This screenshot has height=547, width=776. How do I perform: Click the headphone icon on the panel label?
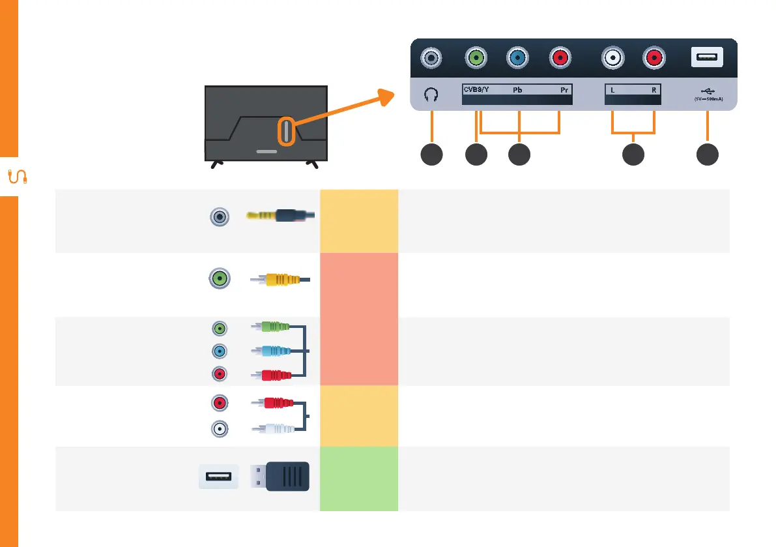431,94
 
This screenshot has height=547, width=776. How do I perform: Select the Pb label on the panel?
518,89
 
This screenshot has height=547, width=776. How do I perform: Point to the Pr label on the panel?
564,89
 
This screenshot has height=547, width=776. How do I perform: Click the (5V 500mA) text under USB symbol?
707,100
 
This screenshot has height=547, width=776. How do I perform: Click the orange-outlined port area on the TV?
285,131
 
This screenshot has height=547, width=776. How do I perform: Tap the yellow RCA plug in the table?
280,280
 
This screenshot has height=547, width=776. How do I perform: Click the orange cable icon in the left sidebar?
16,176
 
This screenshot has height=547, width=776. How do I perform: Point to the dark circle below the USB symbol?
707,155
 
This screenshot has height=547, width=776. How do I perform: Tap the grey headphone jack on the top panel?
431,58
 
